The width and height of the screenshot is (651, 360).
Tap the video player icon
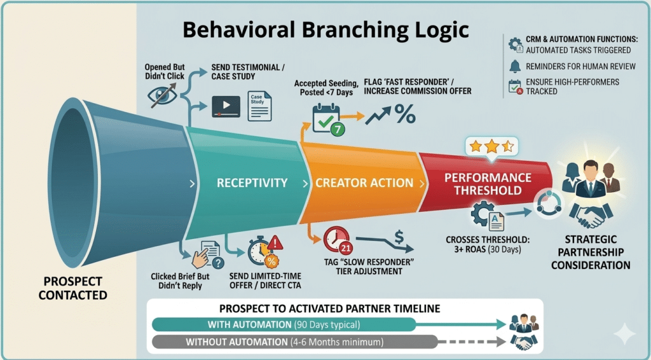pyautogui.click(x=226, y=106)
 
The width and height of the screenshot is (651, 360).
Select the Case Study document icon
pyautogui.click(x=259, y=105)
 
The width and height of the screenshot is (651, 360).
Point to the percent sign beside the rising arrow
pyautogui.click(x=404, y=114)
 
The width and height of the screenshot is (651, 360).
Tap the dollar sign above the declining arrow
pyautogui.click(x=399, y=237)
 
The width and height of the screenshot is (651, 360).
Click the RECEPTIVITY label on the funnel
pyautogui.click(x=243, y=183)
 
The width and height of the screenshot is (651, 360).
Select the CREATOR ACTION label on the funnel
pyautogui.click(x=364, y=183)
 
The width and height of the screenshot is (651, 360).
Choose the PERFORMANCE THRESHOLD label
pyautogui.click(x=488, y=184)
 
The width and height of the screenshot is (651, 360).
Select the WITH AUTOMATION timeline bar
pyautogui.click(x=284, y=325)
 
